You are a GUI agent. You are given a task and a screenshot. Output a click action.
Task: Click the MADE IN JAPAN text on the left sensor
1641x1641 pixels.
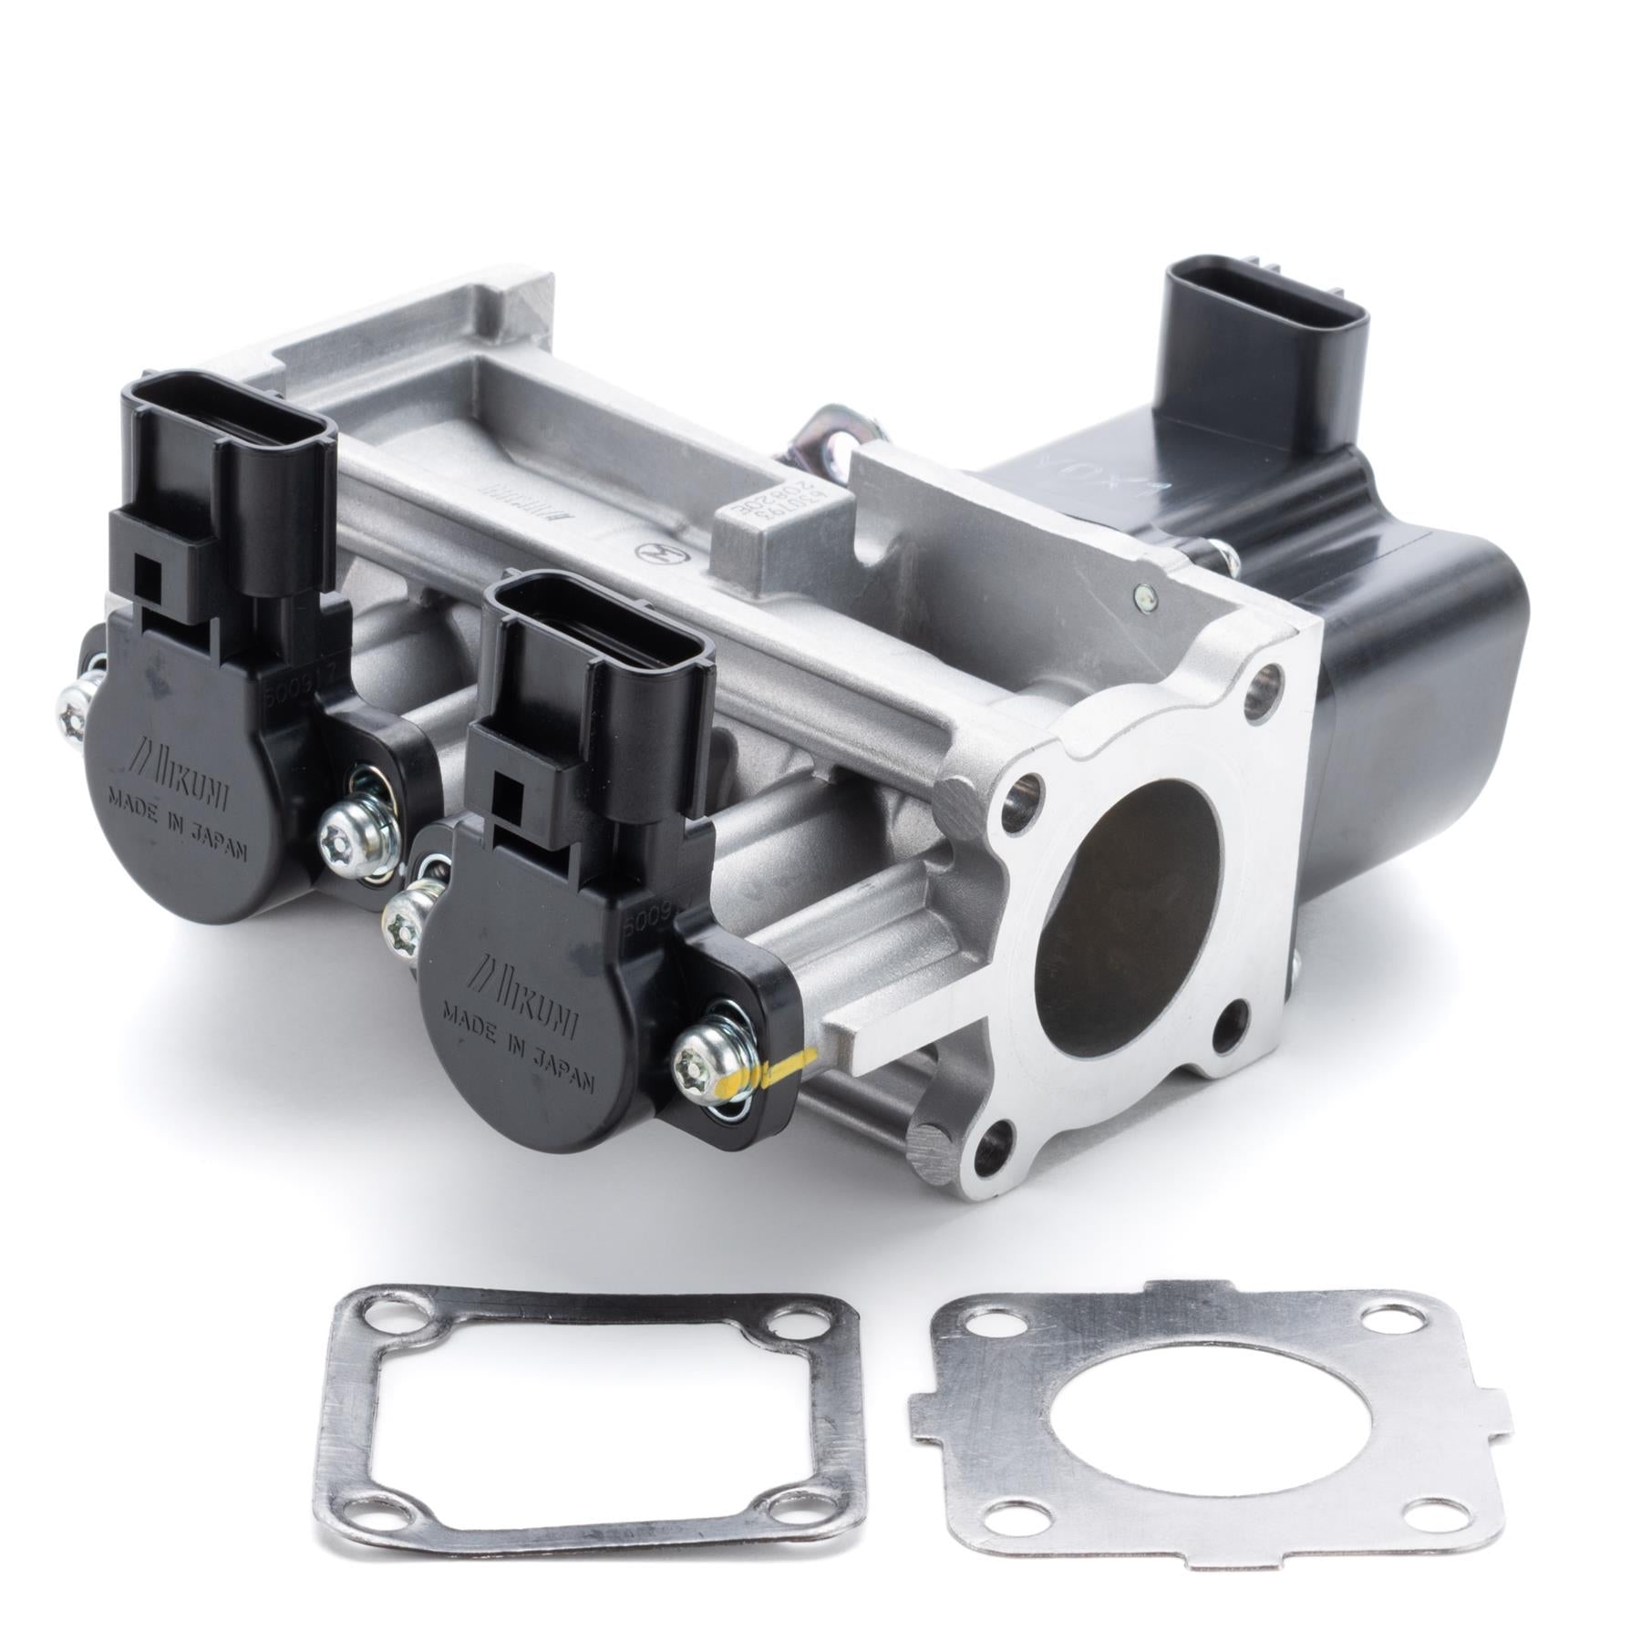178,824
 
